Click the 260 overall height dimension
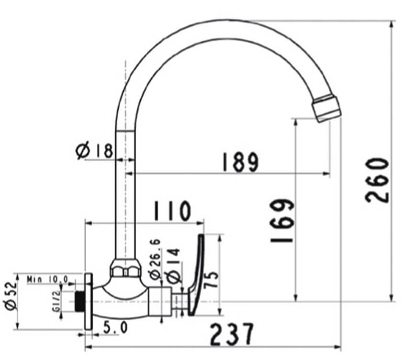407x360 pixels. click(377, 180)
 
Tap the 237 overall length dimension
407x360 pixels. click(231, 334)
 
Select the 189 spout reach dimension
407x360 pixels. click(239, 162)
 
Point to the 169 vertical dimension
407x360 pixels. click(282, 221)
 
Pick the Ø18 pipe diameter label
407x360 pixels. click(95, 151)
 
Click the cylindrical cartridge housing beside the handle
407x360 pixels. click(160, 302)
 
